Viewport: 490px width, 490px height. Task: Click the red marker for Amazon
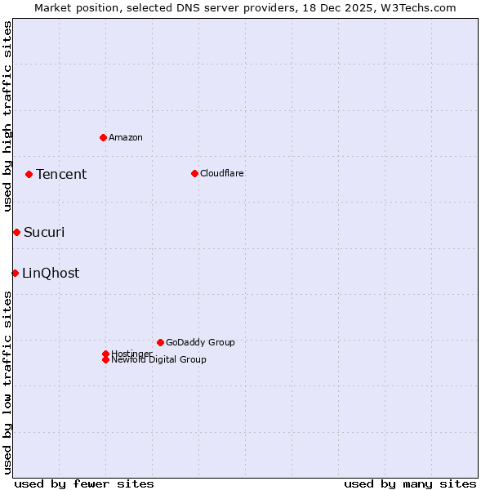click(103, 137)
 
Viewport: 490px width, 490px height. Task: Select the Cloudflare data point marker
click(194, 173)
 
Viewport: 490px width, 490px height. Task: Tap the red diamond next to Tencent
click(29, 174)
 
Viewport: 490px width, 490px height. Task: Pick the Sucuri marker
click(16, 233)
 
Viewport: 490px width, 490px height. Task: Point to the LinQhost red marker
click(15, 273)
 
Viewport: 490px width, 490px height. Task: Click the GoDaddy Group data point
click(160, 342)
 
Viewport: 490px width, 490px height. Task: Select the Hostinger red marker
click(105, 354)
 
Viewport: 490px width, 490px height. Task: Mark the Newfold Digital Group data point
click(105, 360)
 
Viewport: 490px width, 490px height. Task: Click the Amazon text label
click(126, 137)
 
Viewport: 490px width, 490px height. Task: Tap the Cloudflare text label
click(222, 173)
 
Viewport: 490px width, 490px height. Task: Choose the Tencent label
click(61, 174)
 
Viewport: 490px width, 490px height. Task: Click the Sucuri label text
click(44, 233)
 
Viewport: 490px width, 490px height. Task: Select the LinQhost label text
click(51, 273)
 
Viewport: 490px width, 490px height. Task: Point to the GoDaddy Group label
click(200, 342)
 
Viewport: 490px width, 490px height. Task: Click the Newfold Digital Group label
click(159, 360)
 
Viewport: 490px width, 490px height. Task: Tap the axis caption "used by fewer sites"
click(84, 483)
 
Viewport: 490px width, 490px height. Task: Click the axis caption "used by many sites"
click(410, 483)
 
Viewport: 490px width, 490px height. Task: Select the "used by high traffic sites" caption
click(7, 116)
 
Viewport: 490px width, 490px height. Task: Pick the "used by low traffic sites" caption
click(7, 382)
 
